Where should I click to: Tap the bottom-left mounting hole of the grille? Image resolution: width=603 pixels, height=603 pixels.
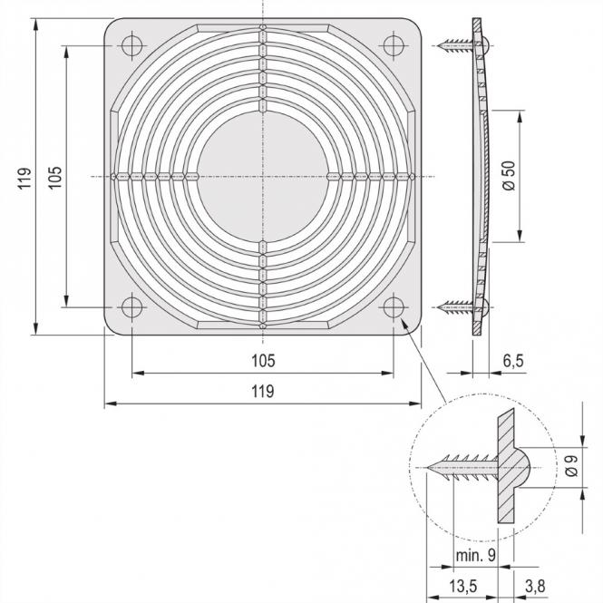coord(131,307)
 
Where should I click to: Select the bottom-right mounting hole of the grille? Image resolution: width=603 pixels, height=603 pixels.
coord(394,307)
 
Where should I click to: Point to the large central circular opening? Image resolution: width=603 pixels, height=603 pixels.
coord(263,175)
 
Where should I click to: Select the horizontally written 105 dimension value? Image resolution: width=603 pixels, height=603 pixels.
coord(262,361)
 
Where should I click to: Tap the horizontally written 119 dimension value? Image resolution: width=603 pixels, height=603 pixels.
coord(262,392)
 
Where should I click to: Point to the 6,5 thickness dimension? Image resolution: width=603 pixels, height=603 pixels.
coord(512,361)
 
